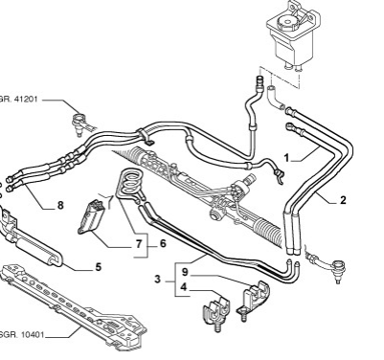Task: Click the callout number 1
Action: tap(286, 158)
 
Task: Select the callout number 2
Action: tap(343, 200)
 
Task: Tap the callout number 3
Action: tap(157, 280)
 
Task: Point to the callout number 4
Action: tap(183, 287)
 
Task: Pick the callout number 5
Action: tap(98, 267)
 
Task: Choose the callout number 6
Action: tap(163, 243)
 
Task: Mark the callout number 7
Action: tap(138, 244)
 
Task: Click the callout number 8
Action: tap(60, 205)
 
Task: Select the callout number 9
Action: tap(185, 272)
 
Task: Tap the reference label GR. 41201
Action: tap(18, 99)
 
